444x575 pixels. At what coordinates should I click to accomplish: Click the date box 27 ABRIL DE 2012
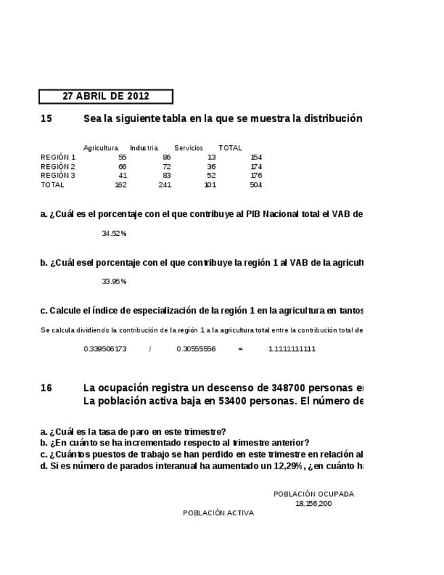click(106, 96)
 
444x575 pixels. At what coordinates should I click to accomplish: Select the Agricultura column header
click(100, 148)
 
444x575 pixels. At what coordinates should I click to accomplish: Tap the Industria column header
click(144, 148)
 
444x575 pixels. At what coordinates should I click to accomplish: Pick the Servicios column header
click(188, 148)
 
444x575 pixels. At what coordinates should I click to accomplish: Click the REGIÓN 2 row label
click(58, 166)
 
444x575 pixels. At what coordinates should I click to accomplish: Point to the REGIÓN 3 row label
click(58, 176)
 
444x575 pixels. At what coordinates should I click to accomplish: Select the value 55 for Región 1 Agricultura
click(122, 157)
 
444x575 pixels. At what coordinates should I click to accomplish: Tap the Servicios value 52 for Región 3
click(211, 176)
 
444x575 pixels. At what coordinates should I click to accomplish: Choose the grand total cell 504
click(256, 185)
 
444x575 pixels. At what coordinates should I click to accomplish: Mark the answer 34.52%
click(114, 233)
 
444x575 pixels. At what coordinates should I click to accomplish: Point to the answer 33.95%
click(114, 281)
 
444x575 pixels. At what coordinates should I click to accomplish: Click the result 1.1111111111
click(292, 349)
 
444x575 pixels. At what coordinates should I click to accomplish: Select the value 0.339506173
click(105, 349)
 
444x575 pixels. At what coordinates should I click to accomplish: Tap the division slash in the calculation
click(150, 349)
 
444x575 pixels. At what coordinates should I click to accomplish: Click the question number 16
click(46, 388)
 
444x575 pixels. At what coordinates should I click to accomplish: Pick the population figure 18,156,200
click(314, 504)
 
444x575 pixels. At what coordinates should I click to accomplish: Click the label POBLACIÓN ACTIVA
click(218, 513)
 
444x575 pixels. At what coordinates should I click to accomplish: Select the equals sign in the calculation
click(240, 349)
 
